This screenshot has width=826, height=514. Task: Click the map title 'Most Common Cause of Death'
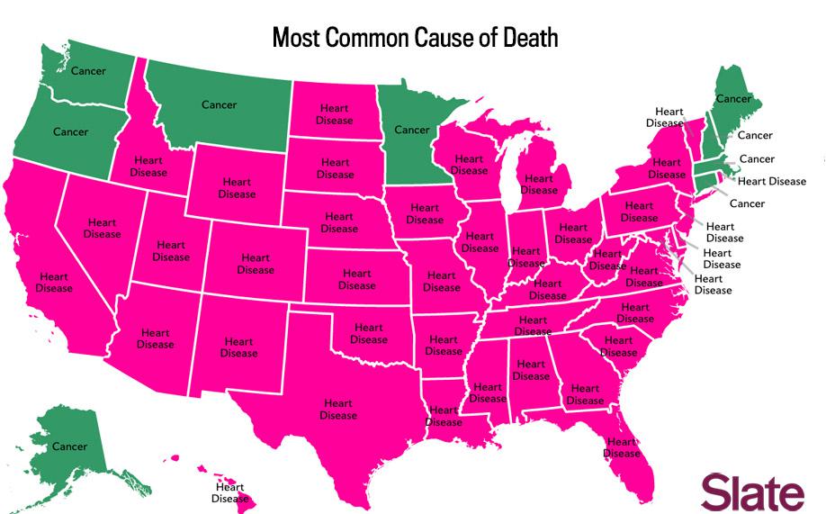pyautogui.click(x=415, y=38)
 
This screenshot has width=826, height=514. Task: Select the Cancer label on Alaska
pyautogui.click(x=69, y=446)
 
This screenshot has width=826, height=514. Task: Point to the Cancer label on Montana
pyautogui.click(x=219, y=105)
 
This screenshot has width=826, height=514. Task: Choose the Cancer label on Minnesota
pyautogui.click(x=412, y=130)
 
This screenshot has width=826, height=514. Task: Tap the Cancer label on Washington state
pyautogui.click(x=88, y=71)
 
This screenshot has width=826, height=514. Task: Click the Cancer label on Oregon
pyautogui.click(x=70, y=132)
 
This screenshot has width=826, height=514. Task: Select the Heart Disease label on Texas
pyautogui.click(x=338, y=410)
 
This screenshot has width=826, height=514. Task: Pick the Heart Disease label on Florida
pyautogui.click(x=622, y=447)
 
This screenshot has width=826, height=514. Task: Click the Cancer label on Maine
pyautogui.click(x=732, y=98)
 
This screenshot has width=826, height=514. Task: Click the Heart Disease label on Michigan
pyautogui.click(x=539, y=185)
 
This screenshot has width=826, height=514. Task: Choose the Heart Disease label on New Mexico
pyautogui.click(x=238, y=347)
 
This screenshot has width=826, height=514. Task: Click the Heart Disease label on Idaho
pyautogui.click(x=148, y=167)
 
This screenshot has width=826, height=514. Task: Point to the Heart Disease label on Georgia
pyautogui.click(x=585, y=394)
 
